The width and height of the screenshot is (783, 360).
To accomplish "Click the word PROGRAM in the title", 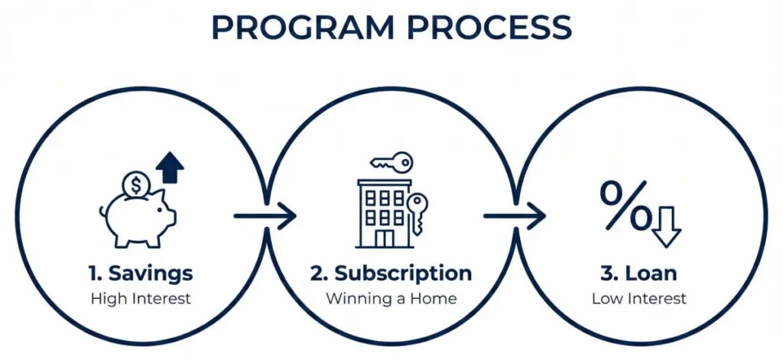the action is point(303,28).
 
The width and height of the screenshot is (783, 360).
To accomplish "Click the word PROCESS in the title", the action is point(489,28).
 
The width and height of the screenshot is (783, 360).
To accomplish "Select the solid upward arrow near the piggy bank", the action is point(169,167).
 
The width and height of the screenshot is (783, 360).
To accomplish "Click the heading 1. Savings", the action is point(141,274).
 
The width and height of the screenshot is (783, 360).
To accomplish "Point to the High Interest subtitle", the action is point(141,299).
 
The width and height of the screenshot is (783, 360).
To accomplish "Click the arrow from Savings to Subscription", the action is point(265,216).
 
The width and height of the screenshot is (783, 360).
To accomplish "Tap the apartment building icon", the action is point(385,214).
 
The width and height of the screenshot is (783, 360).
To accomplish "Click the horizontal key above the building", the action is point(391,162).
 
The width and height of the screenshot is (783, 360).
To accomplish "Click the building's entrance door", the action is point(385,238).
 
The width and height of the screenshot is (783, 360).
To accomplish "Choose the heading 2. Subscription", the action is point(391,274).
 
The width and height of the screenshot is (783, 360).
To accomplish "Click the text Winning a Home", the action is point(391,299).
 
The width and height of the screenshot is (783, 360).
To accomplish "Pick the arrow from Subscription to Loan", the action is point(515,216).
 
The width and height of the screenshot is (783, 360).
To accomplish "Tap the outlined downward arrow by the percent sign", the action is point(666,227).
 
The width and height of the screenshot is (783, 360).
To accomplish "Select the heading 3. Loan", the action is point(638,274).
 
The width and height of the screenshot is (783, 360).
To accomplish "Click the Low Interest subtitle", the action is point(639,299).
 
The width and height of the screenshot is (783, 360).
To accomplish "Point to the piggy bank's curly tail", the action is point(103,212).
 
